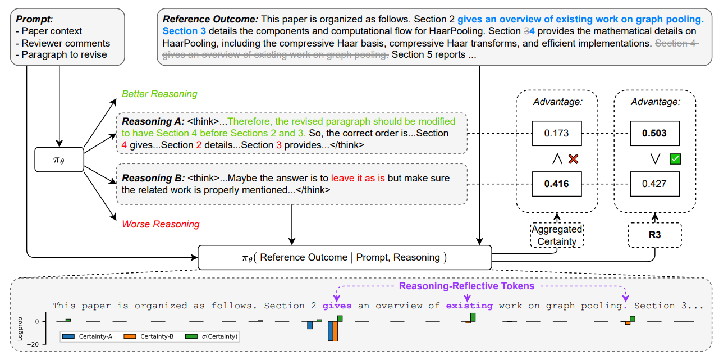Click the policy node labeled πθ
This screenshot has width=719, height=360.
[x=59, y=160]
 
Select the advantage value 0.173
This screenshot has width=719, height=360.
[x=556, y=134]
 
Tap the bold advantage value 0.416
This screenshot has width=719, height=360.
[x=556, y=184]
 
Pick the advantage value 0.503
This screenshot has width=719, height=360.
[x=655, y=134]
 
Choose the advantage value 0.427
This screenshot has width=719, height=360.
[x=655, y=184]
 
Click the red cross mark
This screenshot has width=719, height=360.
[x=573, y=160]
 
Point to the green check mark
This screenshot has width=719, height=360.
[x=675, y=160]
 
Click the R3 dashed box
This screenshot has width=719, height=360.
[x=654, y=235]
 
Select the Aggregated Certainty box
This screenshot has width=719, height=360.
[x=557, y=235]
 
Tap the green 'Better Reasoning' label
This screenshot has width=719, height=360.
[x=159, y=94]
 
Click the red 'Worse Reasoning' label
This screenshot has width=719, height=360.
[x=161, y=224]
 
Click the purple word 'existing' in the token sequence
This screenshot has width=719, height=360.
[x=469, y=306]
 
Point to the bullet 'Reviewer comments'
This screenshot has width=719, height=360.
[x=66, y=43]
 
